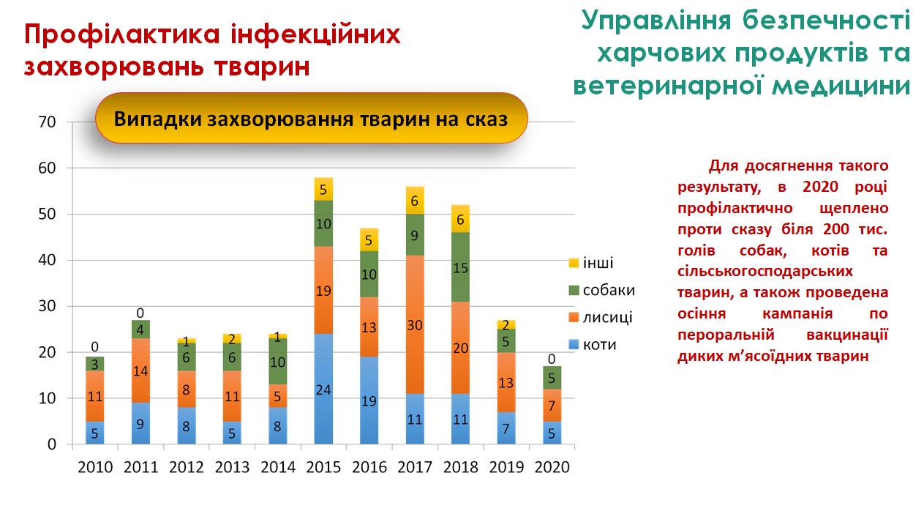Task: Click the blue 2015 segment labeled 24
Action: (x=323, y=389)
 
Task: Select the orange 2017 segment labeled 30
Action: (x=415, y=327)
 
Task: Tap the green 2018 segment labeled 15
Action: (x=460, y=267)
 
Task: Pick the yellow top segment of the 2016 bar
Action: (x=369, y=239)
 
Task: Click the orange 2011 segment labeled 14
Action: (x=141, y=370)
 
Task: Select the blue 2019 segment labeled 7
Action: (x=506, y=428)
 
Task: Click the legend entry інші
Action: (x=598, y=264)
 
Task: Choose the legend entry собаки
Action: (x=608, y=291)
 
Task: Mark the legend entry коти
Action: (x=599, y=344)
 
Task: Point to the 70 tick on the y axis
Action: (x=46, y=122)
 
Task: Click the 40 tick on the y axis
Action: (x=46, y=260)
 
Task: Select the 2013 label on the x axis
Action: (x=232, y=467)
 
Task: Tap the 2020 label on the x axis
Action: (x=552, y=467)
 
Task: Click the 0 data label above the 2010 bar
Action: (x=95, y=345)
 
